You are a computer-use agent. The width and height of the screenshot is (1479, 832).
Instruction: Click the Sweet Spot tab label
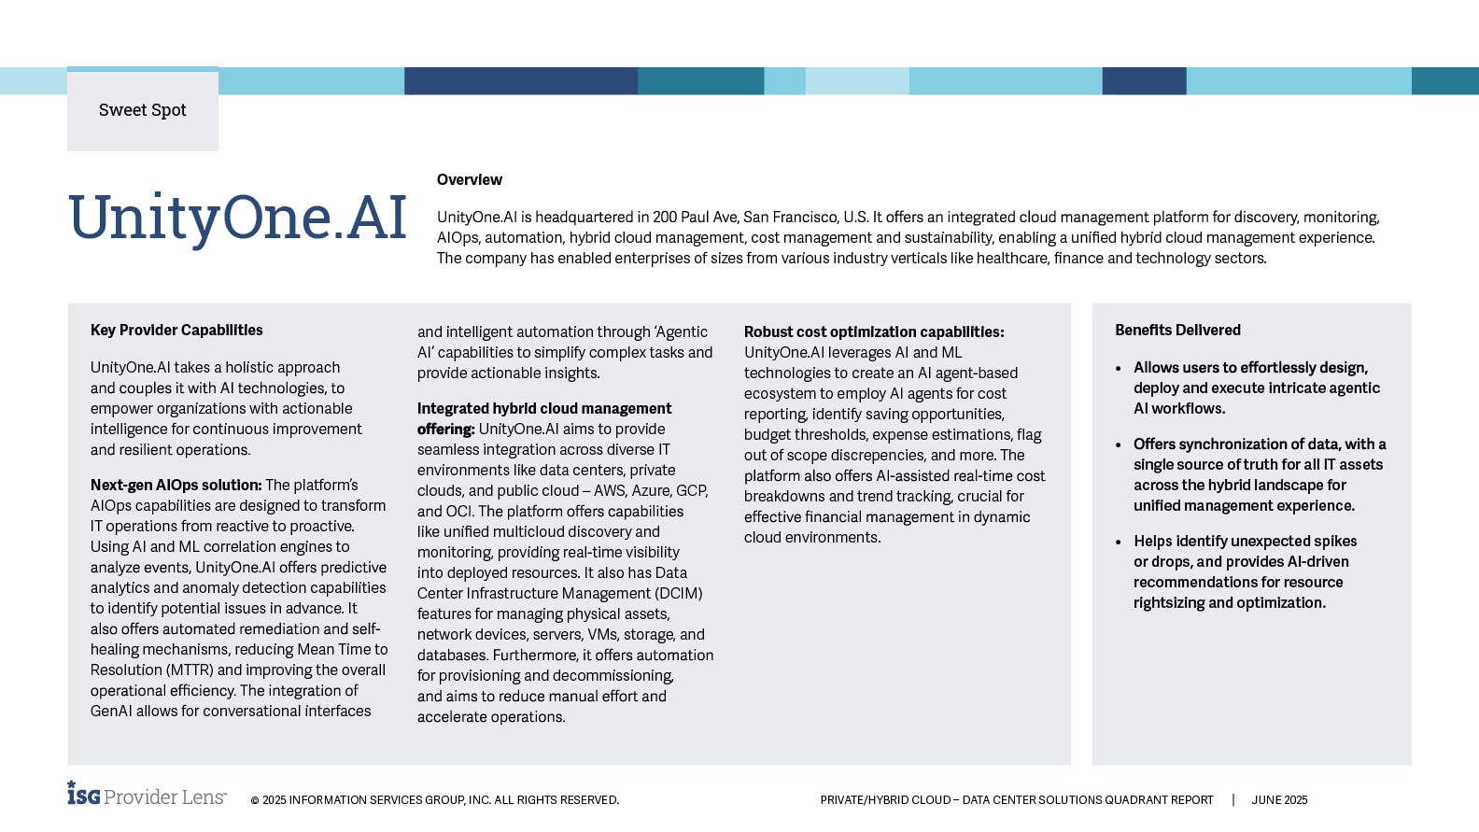coord(143,110)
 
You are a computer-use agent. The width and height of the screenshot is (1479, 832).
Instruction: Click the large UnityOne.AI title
coord(237,219)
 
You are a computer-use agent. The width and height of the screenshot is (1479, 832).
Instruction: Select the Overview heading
coord(469,179)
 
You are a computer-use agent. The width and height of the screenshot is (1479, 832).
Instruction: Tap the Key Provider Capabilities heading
coord(176,330)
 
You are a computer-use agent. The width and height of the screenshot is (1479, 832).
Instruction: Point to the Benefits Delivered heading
coord(1177,330)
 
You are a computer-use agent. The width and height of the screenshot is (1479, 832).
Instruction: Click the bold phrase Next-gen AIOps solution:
coord(176,485)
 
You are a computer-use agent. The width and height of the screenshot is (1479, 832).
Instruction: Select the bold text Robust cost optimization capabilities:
coord(874,331)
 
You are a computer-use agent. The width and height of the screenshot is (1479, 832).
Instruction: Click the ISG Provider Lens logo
coord(147,795)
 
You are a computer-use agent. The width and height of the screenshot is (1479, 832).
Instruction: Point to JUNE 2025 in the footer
coord(1279,800)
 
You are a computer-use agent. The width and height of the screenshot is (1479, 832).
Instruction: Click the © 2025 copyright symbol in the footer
coord(255,800)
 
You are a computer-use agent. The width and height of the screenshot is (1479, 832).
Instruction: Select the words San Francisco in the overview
coord(791,217)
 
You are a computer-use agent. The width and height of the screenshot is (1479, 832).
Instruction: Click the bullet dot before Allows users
coord(1119,368)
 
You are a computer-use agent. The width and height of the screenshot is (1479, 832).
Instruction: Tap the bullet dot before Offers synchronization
coord(1119,444)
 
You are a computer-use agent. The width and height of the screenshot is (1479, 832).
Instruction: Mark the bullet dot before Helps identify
coord(1119,542)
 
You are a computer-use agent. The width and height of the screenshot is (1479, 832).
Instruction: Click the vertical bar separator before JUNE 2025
coord(1232,800)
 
